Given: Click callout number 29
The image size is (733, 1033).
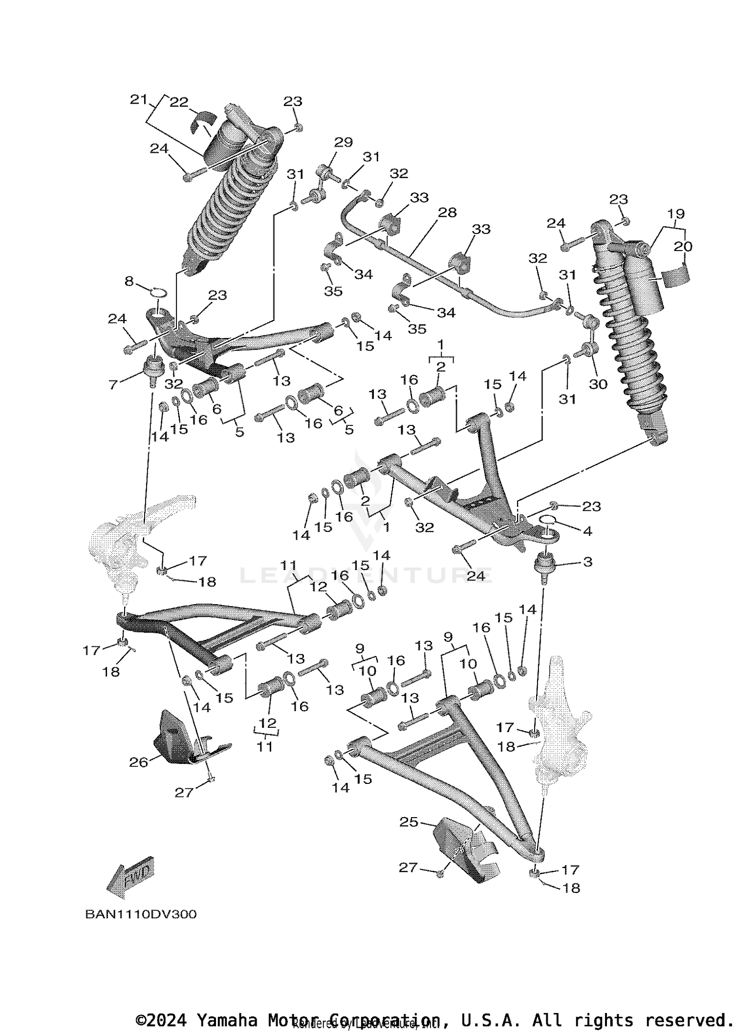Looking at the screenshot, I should point(343,142).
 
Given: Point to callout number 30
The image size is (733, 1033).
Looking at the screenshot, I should point(598,384).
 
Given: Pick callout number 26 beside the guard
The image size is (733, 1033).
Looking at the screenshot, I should point(138,762).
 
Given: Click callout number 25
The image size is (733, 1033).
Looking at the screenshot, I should point(409,822).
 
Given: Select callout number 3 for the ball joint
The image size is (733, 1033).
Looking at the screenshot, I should point(587,562).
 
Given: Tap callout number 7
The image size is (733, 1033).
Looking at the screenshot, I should point(113,385).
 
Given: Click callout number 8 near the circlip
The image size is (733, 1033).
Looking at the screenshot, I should point(129,281).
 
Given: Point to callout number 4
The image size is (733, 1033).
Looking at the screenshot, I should point(587,531).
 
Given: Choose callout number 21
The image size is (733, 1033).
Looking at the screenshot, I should point(139,100).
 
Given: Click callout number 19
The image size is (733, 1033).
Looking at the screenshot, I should point(676,214).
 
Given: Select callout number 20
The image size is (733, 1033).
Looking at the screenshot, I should point(683,247).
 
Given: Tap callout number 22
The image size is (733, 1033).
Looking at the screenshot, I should point(179,102).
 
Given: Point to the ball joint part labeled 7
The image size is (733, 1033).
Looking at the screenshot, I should point(153,369).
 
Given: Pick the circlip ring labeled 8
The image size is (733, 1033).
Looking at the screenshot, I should point(158,293).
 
